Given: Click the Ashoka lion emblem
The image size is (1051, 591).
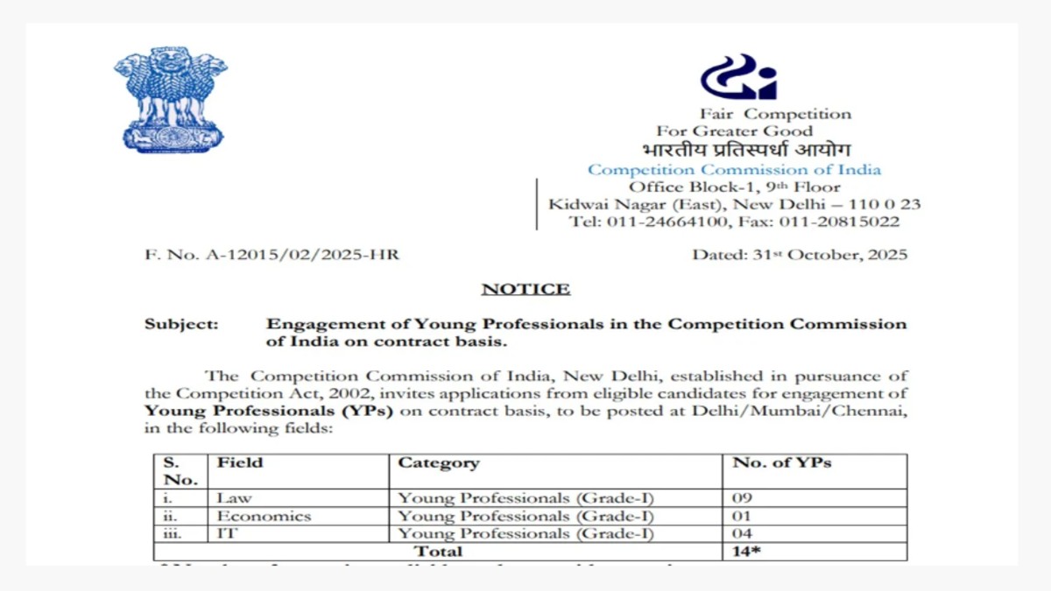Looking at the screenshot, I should click(170, 99).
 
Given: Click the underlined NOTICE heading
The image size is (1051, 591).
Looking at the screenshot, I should click(525, 289).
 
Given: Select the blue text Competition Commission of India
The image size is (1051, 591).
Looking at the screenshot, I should click(734, 170).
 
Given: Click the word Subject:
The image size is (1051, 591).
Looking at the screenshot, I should click(181, 324).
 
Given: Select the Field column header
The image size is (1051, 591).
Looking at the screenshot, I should click(240, 462).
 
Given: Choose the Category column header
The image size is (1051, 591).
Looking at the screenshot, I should click(439, 462).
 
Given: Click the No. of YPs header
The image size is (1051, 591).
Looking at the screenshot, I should click(782, 462).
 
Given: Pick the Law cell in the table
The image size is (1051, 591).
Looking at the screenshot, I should click(235, 498).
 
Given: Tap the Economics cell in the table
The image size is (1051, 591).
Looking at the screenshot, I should click(264, 516).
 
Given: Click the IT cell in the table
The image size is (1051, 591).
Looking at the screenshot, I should click(226, 533).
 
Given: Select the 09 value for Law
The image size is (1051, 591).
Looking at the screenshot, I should click(743, 498).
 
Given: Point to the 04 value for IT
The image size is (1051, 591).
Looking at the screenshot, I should click(743, 533).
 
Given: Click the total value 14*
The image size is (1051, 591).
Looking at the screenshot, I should click(746, 552).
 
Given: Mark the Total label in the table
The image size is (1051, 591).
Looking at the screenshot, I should click(439, 552).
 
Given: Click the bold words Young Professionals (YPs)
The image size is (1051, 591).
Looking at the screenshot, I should click(269, 412).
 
